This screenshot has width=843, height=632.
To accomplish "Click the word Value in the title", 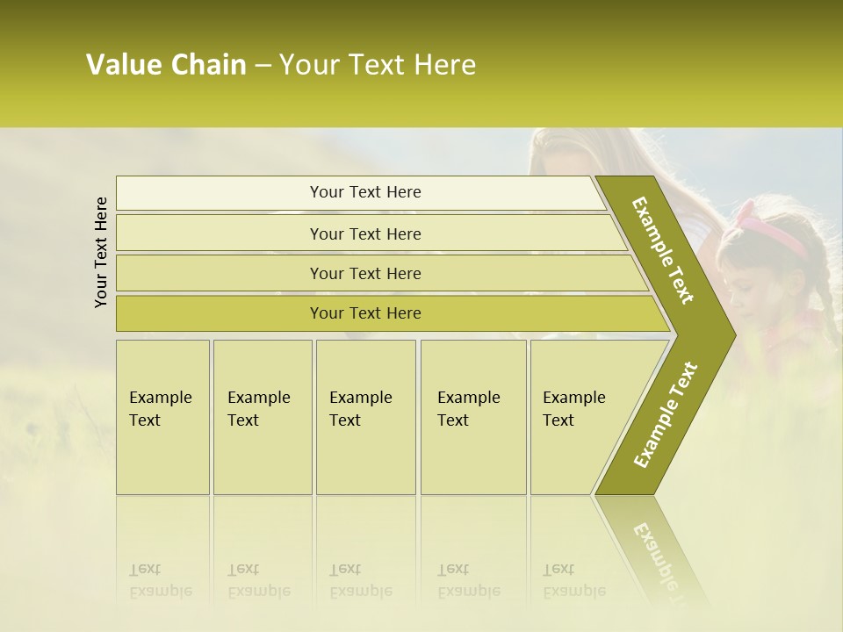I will [122, 65].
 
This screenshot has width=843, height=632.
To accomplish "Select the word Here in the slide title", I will [444, 65].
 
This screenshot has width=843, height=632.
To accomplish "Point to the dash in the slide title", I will [263, 66].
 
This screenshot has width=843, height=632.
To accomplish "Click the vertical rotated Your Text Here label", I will [101, 252].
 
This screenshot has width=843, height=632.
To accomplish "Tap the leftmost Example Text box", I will [162, 417].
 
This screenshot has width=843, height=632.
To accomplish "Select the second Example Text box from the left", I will [262, 417].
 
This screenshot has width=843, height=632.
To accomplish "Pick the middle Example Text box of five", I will [365, 417].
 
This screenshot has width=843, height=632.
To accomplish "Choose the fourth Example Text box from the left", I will [473, 417].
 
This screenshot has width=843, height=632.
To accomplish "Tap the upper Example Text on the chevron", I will [663, 250].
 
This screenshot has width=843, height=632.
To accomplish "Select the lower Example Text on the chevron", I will [665, 415].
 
